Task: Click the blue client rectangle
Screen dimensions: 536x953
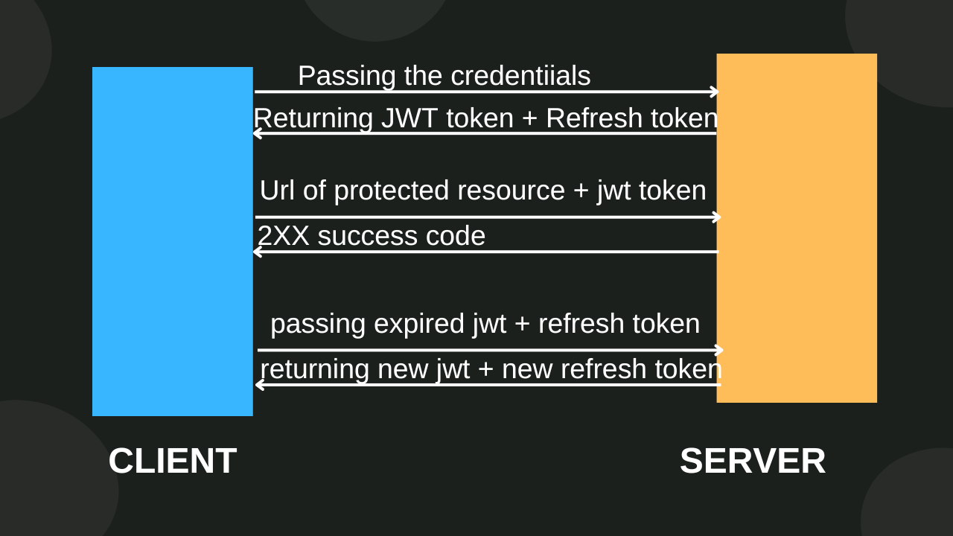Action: click(172, 241)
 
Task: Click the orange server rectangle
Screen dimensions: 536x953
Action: click(797, 228)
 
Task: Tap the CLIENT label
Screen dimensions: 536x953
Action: click(172, 461)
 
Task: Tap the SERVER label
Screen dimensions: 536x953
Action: click(753, 461)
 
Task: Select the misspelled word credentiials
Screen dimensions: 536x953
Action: click(520, 76)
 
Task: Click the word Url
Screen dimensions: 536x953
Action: click(277, 191)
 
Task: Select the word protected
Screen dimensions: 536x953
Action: click(392, 191)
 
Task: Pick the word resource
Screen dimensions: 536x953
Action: click(511, 191)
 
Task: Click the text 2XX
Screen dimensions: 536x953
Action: click(284, 236)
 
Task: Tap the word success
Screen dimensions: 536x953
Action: click(360, 237)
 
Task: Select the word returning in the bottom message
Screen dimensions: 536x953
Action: click(315, 369)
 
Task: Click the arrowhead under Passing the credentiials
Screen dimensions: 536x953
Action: click(715, 92)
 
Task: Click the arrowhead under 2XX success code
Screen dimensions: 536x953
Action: click(257, 252)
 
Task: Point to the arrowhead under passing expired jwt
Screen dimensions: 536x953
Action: click(719, 350)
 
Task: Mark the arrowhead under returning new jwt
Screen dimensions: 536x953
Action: click(259, 385)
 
